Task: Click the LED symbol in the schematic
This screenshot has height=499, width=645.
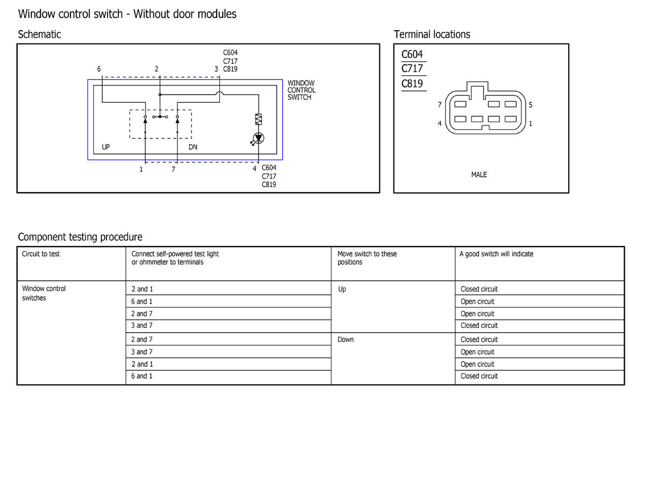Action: pos(259,138)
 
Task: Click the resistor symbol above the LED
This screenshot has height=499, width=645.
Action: pos(259,120)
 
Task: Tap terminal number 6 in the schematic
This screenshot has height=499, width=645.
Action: pos(99,69)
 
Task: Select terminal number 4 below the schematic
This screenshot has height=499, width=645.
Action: pos(255,168)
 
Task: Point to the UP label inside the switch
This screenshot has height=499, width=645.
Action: pos(106,147)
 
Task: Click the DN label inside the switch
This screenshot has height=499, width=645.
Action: pos(193,147)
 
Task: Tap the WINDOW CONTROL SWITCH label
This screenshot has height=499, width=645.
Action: pos(301,90)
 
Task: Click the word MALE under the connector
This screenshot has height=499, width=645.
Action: pos(479,174)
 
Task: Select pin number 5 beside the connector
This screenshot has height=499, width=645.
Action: pos(531,105)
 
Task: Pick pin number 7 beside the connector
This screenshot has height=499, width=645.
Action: pos(440,105)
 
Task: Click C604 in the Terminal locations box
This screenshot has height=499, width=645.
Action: pos(412,54)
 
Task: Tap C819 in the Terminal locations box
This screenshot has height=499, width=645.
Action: pos(412,83)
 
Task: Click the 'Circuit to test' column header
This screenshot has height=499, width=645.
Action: pos(41,254)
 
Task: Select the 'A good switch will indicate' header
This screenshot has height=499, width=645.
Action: pos(496,254)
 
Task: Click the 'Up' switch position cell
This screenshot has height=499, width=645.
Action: pos(342,289)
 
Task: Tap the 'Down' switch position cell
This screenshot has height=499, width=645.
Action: pos(346,340)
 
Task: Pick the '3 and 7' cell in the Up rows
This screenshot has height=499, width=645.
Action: pos(142,326)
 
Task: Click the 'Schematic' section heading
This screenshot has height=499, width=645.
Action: pos(39,34)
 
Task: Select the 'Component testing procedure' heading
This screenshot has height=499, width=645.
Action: pos(80,237)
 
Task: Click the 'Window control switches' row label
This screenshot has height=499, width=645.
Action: pos(44,293)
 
